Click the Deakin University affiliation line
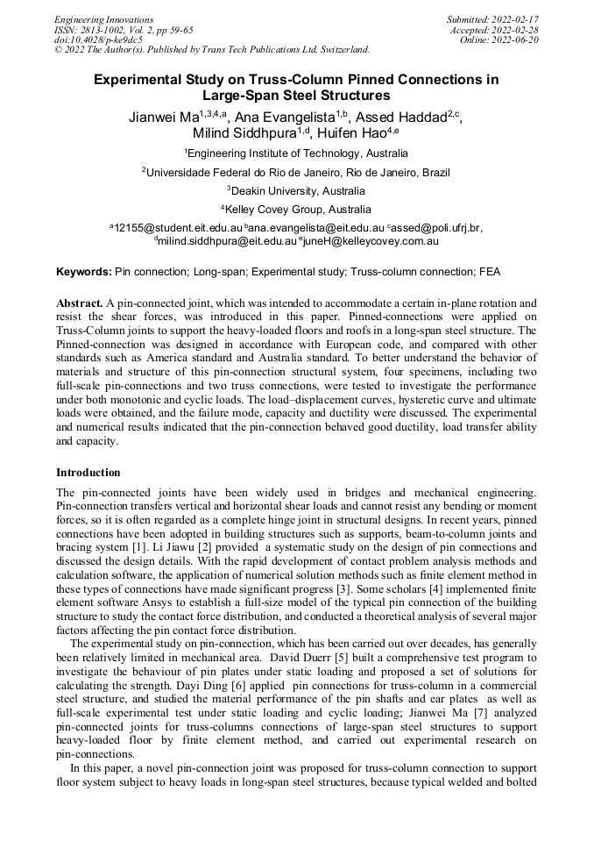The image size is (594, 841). point(296,190)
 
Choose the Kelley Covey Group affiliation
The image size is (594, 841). point(296,210)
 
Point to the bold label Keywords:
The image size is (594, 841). point(84,273)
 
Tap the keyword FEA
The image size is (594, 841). point(489,273)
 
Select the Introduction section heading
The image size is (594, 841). point(88,473)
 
